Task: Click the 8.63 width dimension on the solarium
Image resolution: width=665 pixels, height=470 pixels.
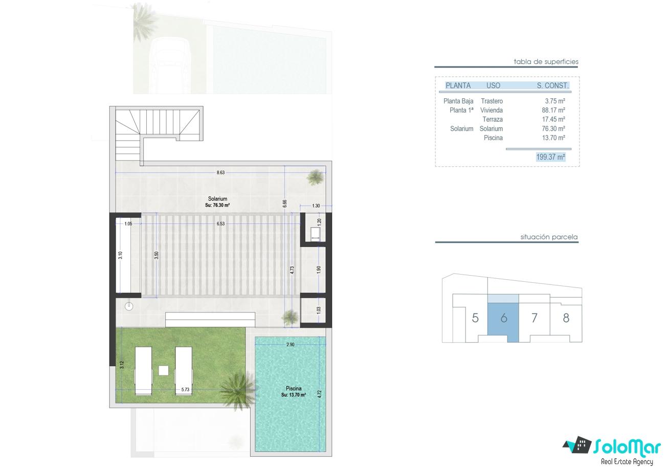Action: tap(220, 172)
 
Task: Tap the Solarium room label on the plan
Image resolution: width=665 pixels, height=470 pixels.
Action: tap(217, 198)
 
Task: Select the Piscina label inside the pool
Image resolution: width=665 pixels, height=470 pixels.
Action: tap(294, 388)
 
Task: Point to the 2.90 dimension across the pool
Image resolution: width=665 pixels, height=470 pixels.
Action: tap(291, 345)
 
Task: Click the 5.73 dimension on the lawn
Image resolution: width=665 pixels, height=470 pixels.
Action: tap(185, 389)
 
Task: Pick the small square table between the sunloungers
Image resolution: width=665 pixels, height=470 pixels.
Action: tap(164, 370)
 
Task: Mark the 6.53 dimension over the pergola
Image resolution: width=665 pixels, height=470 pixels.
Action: tap(220, 223)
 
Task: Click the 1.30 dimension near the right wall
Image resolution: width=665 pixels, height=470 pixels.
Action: tap(316, 206)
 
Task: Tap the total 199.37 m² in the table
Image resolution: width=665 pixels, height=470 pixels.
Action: tap(551, 156)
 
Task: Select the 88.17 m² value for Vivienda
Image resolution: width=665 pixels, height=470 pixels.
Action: tap(553, 110)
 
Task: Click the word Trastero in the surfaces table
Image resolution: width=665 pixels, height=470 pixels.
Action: tap(492, 101)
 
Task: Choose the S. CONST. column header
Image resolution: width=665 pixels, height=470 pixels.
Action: tap(553, 85)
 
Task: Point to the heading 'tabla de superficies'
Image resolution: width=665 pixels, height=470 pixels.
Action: tap(546, 62)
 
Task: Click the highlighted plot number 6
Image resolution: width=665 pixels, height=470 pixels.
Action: tap(504, 318)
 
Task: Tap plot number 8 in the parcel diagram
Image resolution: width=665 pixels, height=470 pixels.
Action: tap(566, 318)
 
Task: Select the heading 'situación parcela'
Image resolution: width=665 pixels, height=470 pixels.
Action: tap(549, 237)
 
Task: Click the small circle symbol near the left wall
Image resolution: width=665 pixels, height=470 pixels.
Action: tap(129, 306)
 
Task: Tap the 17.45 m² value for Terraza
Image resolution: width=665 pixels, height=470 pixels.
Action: tap(553, 119)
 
